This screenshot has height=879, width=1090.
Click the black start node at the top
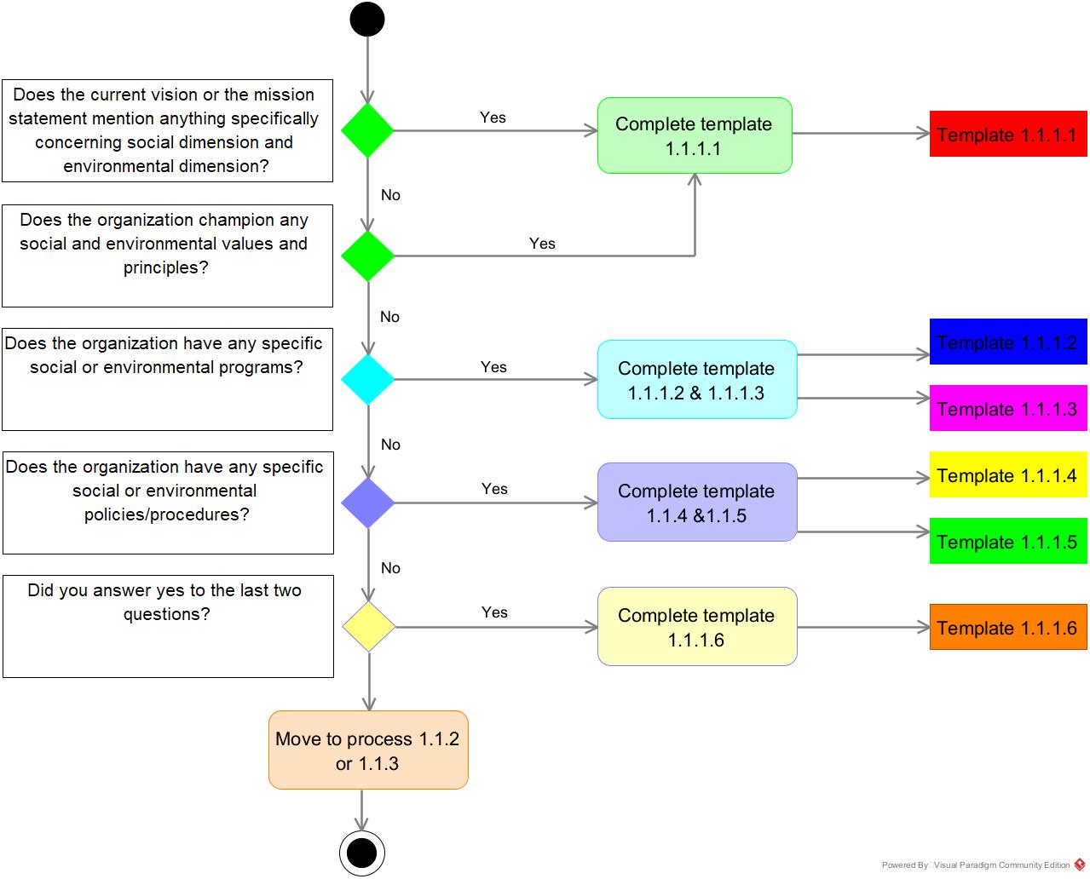coord(367,20)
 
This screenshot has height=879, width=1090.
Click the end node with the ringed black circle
coord(362,853)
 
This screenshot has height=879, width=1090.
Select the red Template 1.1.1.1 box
coord(1007,134)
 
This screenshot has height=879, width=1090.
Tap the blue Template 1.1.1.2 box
coord(1007,342)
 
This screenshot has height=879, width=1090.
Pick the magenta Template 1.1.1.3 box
coord(1007,408)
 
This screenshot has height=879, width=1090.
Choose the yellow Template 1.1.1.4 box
coord(1007,475)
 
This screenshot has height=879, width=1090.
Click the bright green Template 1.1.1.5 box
coord(1007,541)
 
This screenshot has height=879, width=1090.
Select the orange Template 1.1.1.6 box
coord(1007,627)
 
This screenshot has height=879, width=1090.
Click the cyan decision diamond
coord(367,379)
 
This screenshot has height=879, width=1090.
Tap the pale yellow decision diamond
coord(368,627)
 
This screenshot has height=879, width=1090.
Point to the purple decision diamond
coord(367,503)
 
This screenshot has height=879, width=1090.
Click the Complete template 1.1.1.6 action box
coord(696,627)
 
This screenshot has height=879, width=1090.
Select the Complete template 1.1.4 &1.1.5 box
coord(696,503)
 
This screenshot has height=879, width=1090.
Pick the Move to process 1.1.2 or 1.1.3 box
coord(367,750)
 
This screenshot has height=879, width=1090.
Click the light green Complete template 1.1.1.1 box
coord(694,135)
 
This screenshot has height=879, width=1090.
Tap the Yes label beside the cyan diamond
coord(493,367)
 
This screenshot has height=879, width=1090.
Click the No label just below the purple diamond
coord(390,568)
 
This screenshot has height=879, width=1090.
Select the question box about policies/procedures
coord(167,503)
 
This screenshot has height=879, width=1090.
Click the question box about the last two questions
coord(167,626)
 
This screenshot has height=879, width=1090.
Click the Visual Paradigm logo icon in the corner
coord(1081,865)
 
